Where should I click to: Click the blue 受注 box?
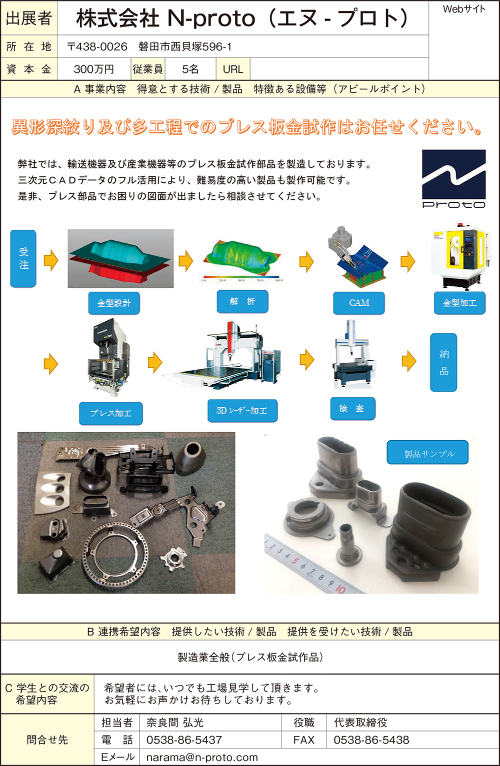[x=23, y=258]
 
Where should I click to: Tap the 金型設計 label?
[x=114, y=303]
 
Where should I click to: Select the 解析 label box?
[x=242, y=302]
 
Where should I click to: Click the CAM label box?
[x=359, y=303]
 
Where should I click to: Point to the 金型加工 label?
[x=459, y=303]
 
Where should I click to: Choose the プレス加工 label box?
[x=111, y=413]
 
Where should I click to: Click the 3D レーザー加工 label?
[x=242, y=411]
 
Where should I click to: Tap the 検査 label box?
[x=353, y=409]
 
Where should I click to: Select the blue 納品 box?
[x=443, y=362]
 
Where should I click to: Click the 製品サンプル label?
[x=427, y=452]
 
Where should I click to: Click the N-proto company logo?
[x=454, y=179]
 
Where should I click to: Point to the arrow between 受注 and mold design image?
[x=51, y=260]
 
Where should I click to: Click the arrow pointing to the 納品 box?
[x=409, y=361]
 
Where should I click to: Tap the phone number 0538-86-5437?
[x=184, y=740]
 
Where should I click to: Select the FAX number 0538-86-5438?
[x=371, y=740]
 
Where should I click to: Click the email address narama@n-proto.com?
[x=202, y=758]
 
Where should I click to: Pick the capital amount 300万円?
[x=94, y=69]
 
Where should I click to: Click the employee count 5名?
[x=190, y=69]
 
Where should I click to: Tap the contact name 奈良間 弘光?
[x=175, y=723]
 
